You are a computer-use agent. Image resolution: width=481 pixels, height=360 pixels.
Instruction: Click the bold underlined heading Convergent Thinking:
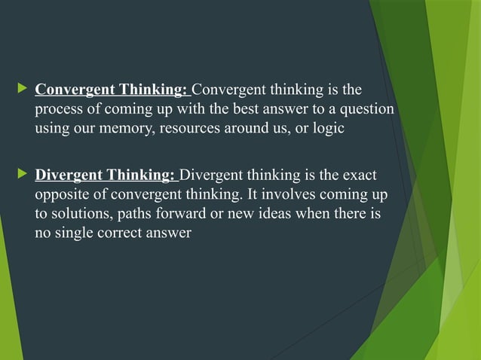pyautogui.click(x=112, y=91)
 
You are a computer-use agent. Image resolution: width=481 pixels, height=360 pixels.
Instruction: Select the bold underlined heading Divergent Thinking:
pyautogui.click(x=106, y=177)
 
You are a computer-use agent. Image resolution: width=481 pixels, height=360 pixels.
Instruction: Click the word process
pyautogui.click(x=57, y=110)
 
